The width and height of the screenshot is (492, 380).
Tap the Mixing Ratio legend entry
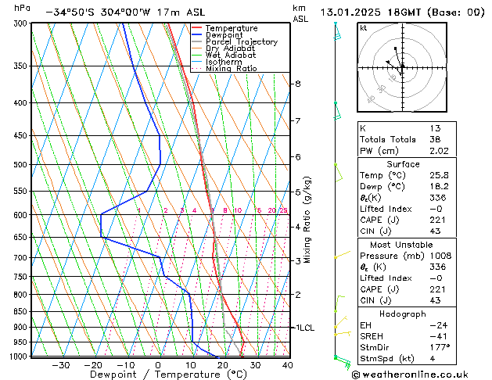tap(231, 69)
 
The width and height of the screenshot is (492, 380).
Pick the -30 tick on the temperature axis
tap(60, 364)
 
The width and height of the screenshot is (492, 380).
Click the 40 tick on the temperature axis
tap(287, 364)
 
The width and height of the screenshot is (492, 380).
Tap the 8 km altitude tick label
tap(297, 84)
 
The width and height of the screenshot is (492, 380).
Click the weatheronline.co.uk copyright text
tap(422, 374)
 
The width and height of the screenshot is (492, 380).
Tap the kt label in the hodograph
tap(363, 28)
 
